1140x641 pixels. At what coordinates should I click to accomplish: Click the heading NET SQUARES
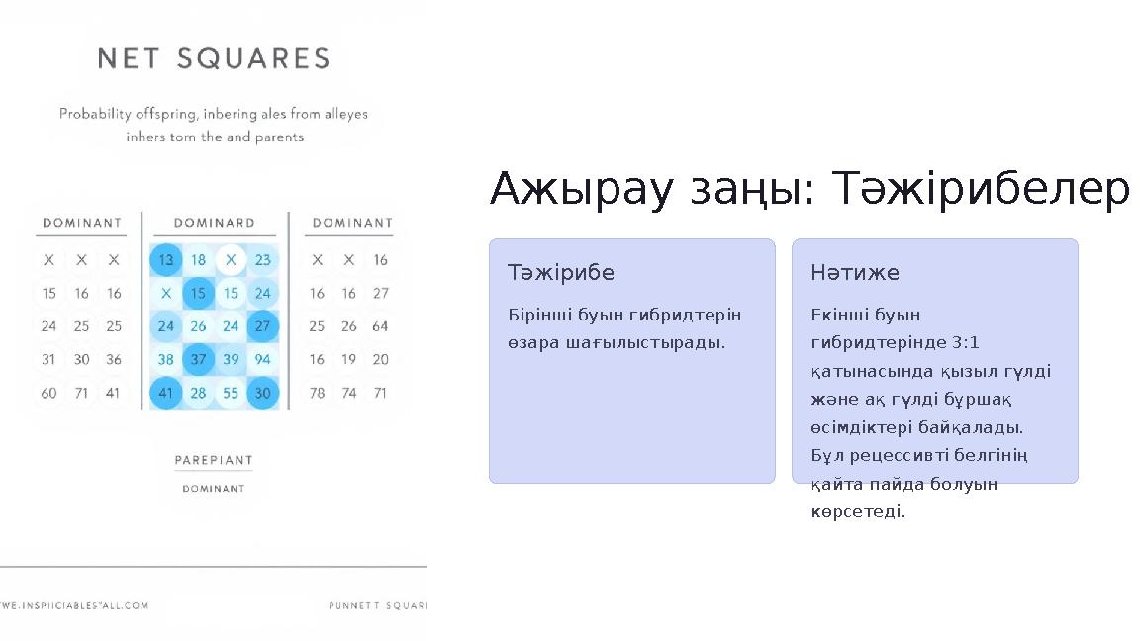tap(214, 59)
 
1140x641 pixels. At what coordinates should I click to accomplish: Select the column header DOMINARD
tap(214, 223)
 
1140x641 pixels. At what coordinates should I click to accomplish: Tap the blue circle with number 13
tap(165, 260)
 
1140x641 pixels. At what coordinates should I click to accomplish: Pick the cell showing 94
tap(262, 359)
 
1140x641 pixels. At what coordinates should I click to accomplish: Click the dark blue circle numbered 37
tap(198, 359)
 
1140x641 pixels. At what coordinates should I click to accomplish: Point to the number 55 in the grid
tap(231, 393)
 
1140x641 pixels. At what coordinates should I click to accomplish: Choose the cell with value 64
tap(380, 326)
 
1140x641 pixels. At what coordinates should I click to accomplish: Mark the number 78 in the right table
tap(317, 393)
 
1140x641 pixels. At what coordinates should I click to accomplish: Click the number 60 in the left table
tap(48, 393)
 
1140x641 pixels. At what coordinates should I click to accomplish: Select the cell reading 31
tap(48, 359)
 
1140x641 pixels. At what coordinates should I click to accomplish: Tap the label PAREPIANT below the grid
tap(214, 460)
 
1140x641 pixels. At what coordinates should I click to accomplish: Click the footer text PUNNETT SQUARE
tap(378, 605)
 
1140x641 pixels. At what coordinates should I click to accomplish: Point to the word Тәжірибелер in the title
tap(980, 189)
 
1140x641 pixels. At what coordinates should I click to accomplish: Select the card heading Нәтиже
tap(855, 272)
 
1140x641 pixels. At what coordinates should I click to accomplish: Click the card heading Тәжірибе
tap(561, 272)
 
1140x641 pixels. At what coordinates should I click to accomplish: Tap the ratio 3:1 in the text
tap(965, 343)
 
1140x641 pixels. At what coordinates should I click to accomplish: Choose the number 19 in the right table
tap(348, 359)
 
